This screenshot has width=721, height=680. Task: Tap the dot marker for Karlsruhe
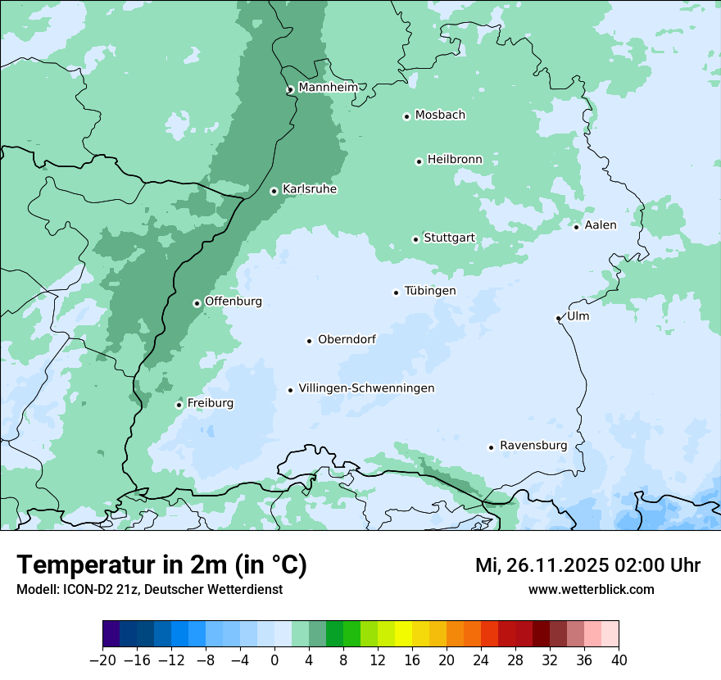point(274,191)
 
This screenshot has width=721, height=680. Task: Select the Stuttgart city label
point(449,238)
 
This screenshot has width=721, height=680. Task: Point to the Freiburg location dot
point(179,405)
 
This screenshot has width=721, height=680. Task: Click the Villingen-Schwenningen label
point(366,388)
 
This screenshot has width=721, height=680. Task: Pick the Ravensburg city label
point(533,446)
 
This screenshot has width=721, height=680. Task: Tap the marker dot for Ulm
point(558,318)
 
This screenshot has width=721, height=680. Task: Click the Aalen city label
point(601,225)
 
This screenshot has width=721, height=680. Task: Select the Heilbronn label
point(455,159)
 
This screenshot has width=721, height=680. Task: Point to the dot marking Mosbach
point(406,116)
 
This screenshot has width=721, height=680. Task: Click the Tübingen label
point(430,291)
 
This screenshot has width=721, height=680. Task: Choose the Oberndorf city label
point(347,339)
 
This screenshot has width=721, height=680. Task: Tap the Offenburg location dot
point(197,303)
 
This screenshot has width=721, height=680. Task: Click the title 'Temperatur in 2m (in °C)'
point(162,564)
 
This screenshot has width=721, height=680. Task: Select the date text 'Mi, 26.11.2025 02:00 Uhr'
point(587,565)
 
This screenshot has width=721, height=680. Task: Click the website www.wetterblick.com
point(591,589)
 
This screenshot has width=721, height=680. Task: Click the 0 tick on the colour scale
point(274,660)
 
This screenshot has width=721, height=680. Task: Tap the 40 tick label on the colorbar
point(618,660)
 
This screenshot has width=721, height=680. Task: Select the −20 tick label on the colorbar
point(102,660)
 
